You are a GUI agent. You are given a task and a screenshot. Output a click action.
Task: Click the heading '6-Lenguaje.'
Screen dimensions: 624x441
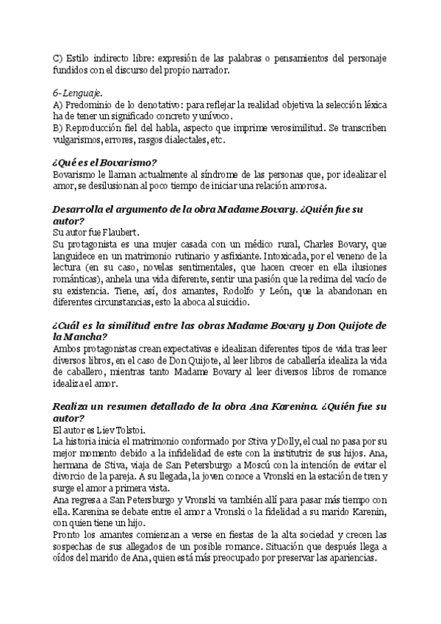tap(78, 93)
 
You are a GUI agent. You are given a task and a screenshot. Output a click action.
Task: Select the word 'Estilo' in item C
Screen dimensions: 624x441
tap(82, 57)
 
